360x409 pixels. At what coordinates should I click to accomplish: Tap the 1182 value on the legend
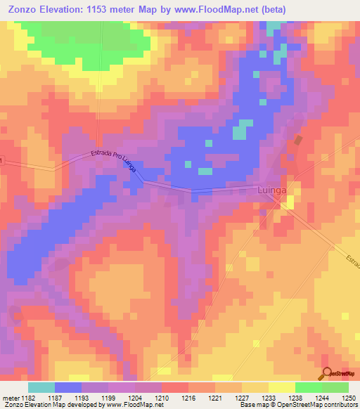pyautogui.click(x=28, y=398)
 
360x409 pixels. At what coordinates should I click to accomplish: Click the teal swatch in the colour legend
pyautogui.click(x=41, y=387)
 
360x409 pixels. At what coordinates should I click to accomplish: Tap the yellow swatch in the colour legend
pyautogui.click(x=281, y=387)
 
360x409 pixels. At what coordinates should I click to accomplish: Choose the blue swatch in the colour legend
pyautogui.click(x=68, y=387)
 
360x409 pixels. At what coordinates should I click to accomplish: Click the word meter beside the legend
pyautogui.click(x=10, y=398)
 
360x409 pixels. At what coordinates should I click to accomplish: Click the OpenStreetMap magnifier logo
pyautogui.click(x=327, y=374)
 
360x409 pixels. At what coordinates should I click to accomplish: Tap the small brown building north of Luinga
pyautogui.click(x=298, y=140)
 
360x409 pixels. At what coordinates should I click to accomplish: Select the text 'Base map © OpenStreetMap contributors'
pyautogui.click(x=297, y=405)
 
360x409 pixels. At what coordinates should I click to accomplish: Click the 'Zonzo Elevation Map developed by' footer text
pyautogui.click(x=49, y=405)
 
